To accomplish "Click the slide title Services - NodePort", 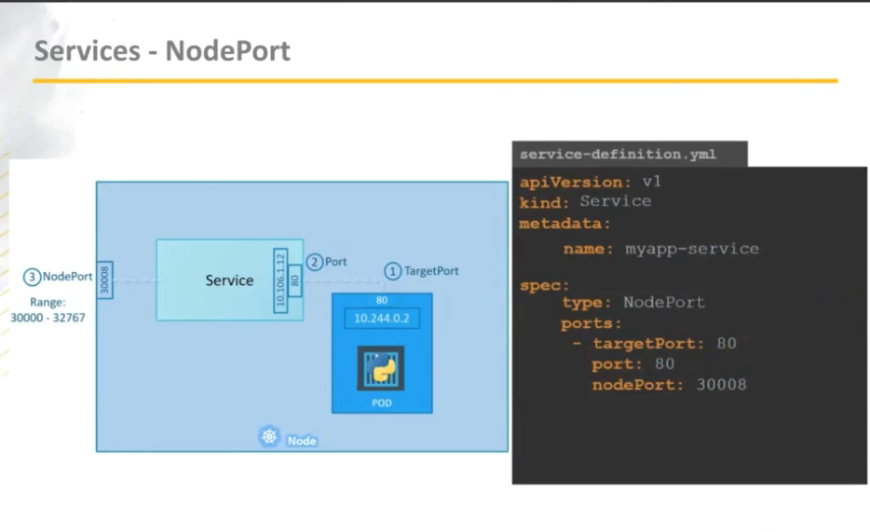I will point(162,50).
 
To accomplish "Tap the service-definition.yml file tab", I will point(619,155).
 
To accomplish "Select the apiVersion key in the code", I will point(564,182).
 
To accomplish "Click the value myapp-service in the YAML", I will point(692,249).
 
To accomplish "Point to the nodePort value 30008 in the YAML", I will point(721,385).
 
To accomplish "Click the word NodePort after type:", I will point(664,302).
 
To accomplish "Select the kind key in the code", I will point(543,201).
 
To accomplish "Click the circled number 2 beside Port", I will point(315,263).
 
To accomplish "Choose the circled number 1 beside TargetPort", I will point(392,271).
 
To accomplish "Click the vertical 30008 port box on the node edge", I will point(104,280).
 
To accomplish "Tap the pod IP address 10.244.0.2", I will point(382,319).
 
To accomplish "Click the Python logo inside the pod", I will point(381,369).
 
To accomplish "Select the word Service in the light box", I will point(229,280).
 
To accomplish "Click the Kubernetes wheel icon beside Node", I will point(269,438).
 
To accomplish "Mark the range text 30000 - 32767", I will point(48,317).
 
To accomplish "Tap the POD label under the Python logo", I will point(381,404).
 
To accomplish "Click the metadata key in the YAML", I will point(564,224).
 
